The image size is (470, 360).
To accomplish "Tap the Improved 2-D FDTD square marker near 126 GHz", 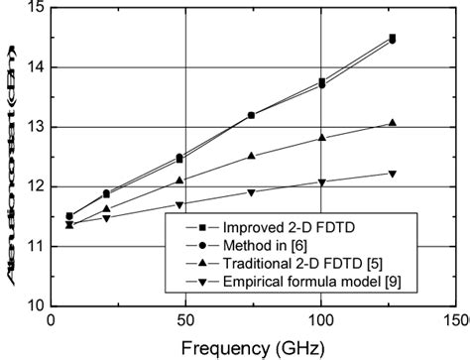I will pos(393,38).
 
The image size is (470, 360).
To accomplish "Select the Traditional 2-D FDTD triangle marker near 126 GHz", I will pos(393,123).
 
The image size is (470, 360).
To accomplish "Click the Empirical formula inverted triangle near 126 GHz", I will pos(393,175).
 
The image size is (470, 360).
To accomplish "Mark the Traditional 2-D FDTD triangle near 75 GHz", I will pos(252,156).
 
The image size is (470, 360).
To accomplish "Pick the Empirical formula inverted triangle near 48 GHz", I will pos(179,205).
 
